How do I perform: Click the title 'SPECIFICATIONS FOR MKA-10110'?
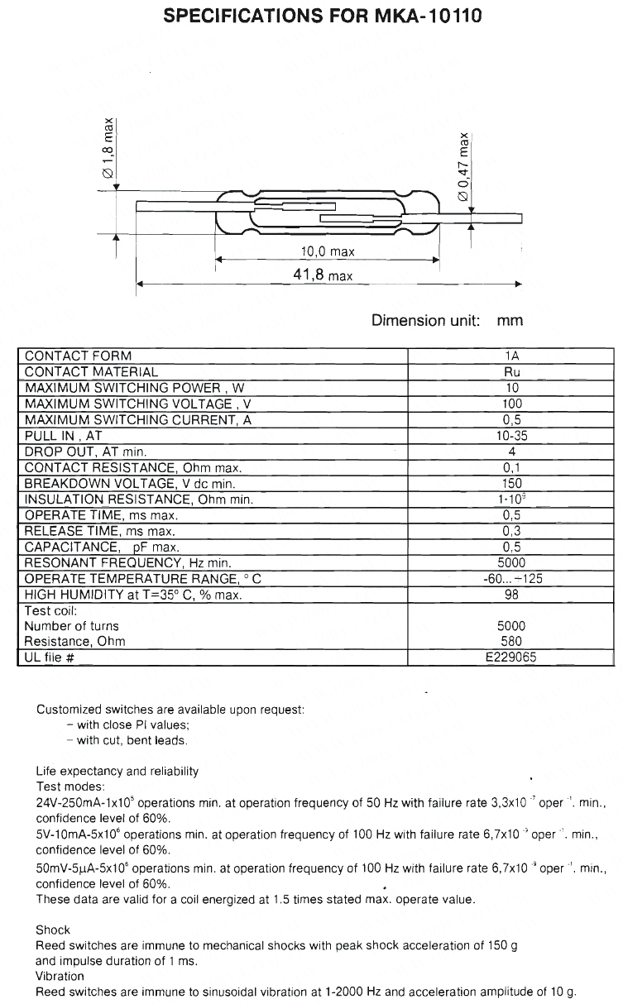311,17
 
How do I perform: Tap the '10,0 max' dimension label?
327,251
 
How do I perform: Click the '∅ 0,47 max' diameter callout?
464,165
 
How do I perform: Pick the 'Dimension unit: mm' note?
447,320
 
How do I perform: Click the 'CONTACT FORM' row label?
78,356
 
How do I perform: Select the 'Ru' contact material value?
512,372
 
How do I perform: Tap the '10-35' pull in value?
512,436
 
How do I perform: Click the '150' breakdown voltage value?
512,483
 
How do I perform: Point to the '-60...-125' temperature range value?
512,579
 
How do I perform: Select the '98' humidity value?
512,595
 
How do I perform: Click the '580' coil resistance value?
512,641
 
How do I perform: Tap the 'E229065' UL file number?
512,658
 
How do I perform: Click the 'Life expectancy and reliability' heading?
117,771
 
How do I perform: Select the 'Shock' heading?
53,930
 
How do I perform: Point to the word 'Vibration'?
60,976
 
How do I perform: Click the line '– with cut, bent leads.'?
127,740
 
